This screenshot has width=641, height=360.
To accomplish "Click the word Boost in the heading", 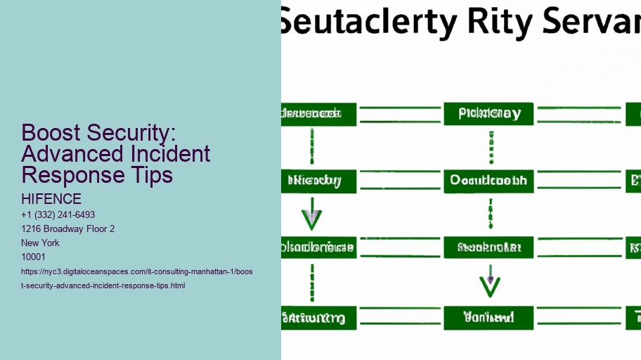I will pos(49,133).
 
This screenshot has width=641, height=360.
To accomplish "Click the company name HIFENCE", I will pos(51,199).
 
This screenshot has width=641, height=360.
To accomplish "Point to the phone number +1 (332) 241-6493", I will pos(58,214).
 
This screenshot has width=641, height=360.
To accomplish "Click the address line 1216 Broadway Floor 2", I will pos(68,229).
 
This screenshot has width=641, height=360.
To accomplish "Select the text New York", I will pos(40,243).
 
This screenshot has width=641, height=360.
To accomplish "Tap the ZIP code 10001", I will pos(34,257).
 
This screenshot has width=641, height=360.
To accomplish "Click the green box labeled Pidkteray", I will pos(488,114).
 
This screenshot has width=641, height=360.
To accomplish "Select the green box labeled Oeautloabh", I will pos(488,180).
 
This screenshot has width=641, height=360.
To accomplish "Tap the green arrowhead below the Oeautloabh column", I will pos(490,285).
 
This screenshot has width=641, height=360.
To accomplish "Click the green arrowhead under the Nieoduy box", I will pos(311,219).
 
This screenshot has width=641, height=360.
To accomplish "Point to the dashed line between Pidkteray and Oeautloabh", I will pos(490,147).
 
